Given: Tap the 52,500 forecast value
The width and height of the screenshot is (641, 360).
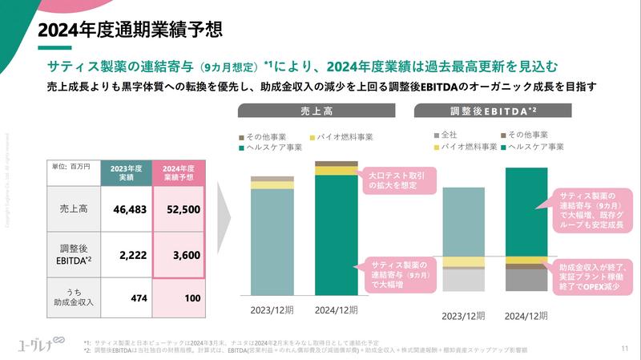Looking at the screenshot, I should pos(179,209).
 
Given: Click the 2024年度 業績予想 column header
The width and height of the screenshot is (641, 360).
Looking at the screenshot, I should pos(179,172).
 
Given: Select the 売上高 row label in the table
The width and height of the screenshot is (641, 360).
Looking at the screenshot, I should pos(75,209).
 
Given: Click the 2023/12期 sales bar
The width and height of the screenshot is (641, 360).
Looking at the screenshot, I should pos(272,241).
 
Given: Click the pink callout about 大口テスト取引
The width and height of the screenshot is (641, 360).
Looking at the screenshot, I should pos(398,180).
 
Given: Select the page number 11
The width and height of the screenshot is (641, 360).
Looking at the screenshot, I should pos(624,348).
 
